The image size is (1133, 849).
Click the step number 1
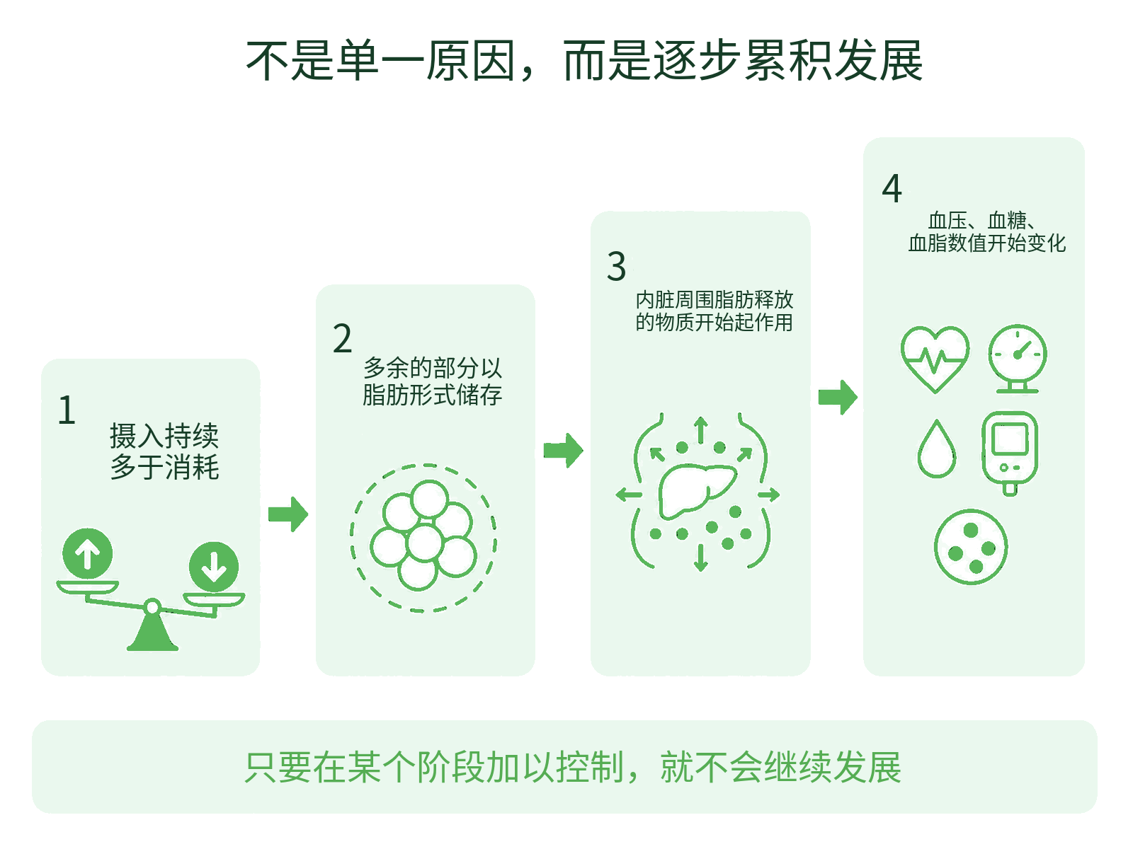[67, 410]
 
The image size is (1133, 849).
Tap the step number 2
[342, 339]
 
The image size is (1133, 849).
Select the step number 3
[616, 267]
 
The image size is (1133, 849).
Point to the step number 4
[892, 188]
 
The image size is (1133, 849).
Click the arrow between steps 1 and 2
[288, 514]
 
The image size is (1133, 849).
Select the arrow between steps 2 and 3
[563, 451]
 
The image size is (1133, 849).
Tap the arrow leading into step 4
[838, 398]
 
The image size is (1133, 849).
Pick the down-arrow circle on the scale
[214, 567]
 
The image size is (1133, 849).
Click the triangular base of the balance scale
[152, 633]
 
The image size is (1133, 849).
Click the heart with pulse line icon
[935, 359]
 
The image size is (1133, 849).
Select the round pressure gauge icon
[1018, 359]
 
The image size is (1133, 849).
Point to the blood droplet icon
[936, 449]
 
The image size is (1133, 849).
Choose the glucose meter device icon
[1010, 454]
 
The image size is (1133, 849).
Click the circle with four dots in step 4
[971, 547]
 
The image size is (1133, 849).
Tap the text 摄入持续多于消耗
[164, 451]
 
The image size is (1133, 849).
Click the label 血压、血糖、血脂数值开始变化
[986, 232]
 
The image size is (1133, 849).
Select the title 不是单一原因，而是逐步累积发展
[583, 61]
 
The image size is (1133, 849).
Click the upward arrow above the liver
[700, 430]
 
